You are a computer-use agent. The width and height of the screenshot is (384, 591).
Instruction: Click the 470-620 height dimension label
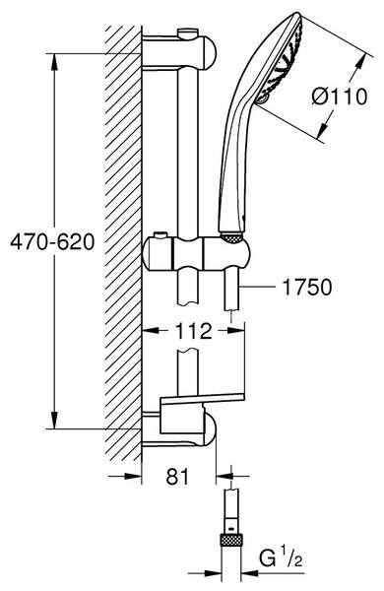[x=52, y=241]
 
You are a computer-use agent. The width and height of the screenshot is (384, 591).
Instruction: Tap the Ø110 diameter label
[x=339, y=97]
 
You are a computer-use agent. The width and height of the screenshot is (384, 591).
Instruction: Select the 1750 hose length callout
[x=307, y=287]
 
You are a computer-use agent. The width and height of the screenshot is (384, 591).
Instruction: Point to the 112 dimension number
[x=193, y=331]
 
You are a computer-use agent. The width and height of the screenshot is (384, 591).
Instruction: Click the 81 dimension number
[x=177, y=477]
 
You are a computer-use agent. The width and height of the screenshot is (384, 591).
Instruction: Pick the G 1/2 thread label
[x=281, y=559]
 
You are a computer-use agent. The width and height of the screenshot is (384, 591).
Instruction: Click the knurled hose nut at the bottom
[x=231, y=541]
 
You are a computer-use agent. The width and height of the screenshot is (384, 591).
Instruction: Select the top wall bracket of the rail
[x=180, y=52]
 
